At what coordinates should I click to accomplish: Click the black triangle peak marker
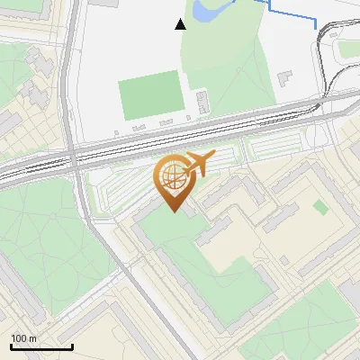click(181, 24)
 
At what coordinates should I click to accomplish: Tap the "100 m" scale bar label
click(24, 338)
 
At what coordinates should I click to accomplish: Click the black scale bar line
click(41, 346)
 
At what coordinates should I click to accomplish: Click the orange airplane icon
click(199, 164)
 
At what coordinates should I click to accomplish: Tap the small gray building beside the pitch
click(202, 100)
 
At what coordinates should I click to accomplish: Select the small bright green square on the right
click(320, 207)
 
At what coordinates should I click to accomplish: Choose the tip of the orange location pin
click(172, 211)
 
